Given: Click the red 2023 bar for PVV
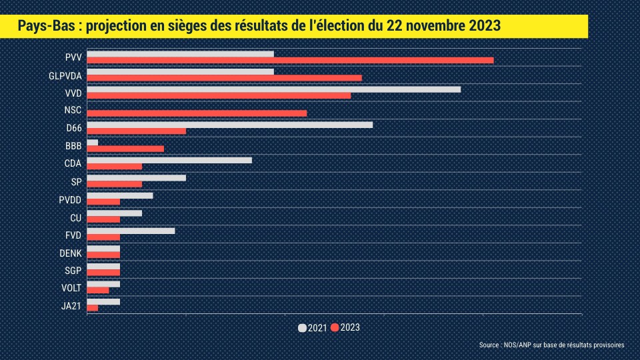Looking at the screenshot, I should click(290, 60).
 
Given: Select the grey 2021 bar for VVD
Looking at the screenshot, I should click(273, 89).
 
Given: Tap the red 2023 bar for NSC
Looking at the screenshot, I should click(197, 113).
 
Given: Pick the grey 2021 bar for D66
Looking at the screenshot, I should click(229, 125).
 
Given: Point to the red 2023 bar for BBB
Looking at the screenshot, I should click(125, 149).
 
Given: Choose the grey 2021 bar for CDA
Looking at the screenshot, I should click(169, 160).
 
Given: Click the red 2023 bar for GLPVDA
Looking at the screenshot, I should click(224, 78).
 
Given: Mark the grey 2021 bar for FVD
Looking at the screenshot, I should click(131, 231).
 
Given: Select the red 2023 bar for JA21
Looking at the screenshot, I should click(92, 308).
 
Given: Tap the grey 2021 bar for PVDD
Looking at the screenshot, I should click(120, 195).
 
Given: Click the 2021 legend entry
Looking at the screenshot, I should click(313, 328).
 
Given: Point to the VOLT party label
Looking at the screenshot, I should click(71, 288).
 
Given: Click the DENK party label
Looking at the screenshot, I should click(70, 253).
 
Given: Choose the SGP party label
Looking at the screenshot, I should click(72, 270).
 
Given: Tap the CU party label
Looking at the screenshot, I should click(75, 217).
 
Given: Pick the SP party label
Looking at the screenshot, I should click(76, 182).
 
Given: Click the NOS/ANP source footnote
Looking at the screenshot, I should click(551, 345).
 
